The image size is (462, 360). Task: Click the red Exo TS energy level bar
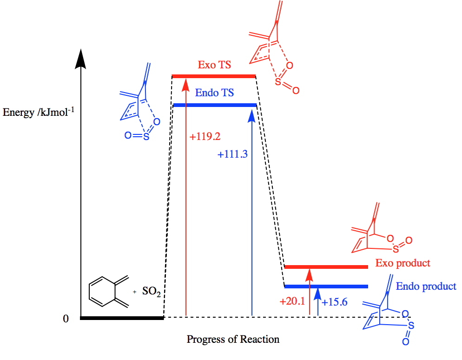click(214, 76)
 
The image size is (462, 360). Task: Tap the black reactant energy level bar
click(122, 318)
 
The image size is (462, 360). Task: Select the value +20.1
click(292, 301)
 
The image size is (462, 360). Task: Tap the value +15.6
click(335, 301)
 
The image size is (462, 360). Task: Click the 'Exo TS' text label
click(214, 65)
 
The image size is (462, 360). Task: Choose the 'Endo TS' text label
click(214, 93)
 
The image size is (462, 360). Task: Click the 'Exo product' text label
click(403, 263)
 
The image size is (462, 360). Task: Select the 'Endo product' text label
click(426, 286)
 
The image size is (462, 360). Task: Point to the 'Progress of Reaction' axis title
click(233, 339)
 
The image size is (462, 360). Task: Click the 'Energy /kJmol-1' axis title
click(39, 112)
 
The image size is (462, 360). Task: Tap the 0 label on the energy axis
click(66, 319)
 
